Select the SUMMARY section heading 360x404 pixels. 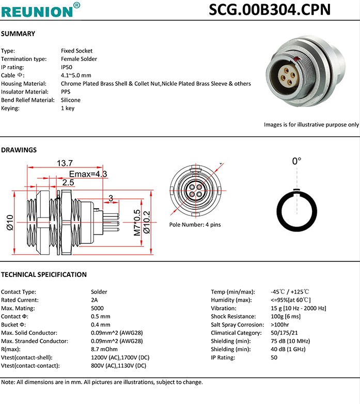pos(18,34)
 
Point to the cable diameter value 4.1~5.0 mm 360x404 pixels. pos(76,75)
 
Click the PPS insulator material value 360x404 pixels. pos(66,92)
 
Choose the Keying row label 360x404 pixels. pos(10,108)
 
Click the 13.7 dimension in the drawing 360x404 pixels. pos(65,163)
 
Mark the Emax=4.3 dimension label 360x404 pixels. pos(88,174)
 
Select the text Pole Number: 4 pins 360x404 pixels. pos(195,225)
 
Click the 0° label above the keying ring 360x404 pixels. pos(296,161)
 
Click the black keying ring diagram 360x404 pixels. pos(296,212)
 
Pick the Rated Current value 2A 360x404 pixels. pos(94,300)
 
